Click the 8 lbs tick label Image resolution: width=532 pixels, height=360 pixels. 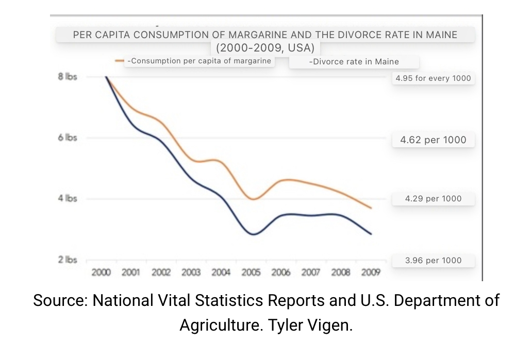tap(68, 77)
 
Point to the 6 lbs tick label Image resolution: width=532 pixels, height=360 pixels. tap(68, 138)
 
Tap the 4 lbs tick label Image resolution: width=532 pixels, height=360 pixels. tap(68, 198)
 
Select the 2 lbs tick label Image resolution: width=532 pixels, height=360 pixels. tap(68, 260)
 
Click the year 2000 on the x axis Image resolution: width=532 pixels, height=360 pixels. tap(101, 272)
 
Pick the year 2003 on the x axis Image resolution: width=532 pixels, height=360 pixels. tap(191, 272)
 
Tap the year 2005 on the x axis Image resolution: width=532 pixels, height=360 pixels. tap(251, 272)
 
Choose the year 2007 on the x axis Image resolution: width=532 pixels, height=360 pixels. tap(311, 272)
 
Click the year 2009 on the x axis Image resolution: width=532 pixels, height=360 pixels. tap(371, 272)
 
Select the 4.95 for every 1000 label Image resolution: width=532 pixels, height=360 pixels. tap(433, 78)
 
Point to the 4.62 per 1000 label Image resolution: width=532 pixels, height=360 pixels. tap(433, 140)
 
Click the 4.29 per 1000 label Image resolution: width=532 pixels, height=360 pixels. tap(433, 198)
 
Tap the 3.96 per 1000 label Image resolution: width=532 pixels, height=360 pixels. tap(433, 260)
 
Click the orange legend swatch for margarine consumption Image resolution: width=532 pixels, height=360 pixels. tap(120, 61)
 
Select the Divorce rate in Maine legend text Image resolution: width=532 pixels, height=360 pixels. tap(354, 62)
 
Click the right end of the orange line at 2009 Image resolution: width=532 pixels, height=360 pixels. tap(371, 208)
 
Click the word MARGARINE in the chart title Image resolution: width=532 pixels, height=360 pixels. tap(292, 35)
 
